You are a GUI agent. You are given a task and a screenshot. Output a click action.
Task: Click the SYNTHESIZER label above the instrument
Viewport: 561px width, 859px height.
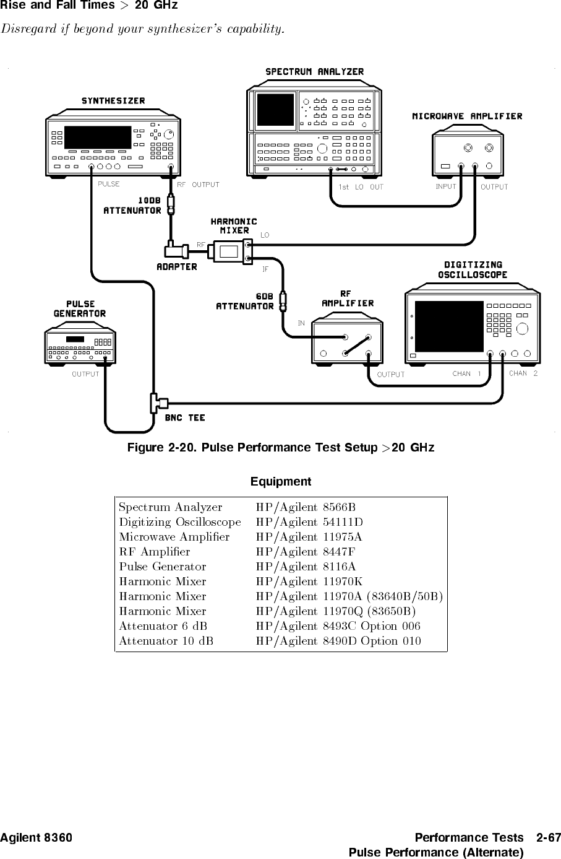tap(113, 101)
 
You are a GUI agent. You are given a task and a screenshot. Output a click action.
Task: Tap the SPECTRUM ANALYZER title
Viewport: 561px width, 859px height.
tap(314, 72)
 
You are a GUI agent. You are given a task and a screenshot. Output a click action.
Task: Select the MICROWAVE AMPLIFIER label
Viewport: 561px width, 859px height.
tap(467, 116)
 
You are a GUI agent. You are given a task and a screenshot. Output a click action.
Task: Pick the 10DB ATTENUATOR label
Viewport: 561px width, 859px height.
tap(132, 206)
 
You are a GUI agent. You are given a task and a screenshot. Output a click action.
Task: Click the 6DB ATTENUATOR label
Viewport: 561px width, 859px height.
tap(244, 301)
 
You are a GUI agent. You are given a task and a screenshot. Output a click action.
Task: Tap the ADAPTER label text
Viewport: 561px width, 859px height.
tap(176, 267)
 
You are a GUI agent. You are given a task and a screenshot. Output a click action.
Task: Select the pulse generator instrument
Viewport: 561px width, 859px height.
tap(80, 347)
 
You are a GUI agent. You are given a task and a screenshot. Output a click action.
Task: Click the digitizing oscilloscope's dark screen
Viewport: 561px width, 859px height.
tap(449, 326)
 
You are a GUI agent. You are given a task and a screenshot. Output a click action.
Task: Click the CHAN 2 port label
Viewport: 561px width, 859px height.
tap(523, 373)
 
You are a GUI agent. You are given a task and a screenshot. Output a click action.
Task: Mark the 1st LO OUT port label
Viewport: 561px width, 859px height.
tap(361, 187)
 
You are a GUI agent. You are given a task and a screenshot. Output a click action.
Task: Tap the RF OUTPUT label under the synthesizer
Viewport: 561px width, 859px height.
tap(198, 185)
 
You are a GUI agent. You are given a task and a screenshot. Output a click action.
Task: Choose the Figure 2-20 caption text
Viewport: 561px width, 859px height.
tap(280, 447)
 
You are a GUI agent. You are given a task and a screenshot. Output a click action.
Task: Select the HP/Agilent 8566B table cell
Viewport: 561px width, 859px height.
tap(306, 507)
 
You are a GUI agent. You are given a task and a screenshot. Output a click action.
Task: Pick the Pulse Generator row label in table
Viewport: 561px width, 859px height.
tap(163, 567)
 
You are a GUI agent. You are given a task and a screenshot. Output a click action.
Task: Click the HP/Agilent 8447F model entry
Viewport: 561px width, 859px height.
tap(306, 552)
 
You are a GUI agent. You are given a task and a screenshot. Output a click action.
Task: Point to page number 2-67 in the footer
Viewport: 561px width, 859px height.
tap(549, 838)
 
